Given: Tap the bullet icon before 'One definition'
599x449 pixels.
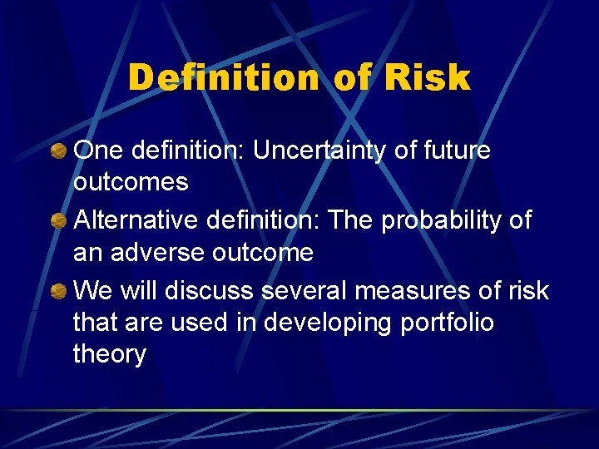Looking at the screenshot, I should (59, 151).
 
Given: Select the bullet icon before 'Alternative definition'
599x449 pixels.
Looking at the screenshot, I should (59, 220).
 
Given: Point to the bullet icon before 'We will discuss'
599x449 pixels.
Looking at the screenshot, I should (59, 290).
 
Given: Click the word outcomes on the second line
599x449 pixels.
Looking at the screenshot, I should (131, 182).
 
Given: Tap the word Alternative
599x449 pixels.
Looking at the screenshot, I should (132, 220).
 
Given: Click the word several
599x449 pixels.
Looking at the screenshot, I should (308, 290).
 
